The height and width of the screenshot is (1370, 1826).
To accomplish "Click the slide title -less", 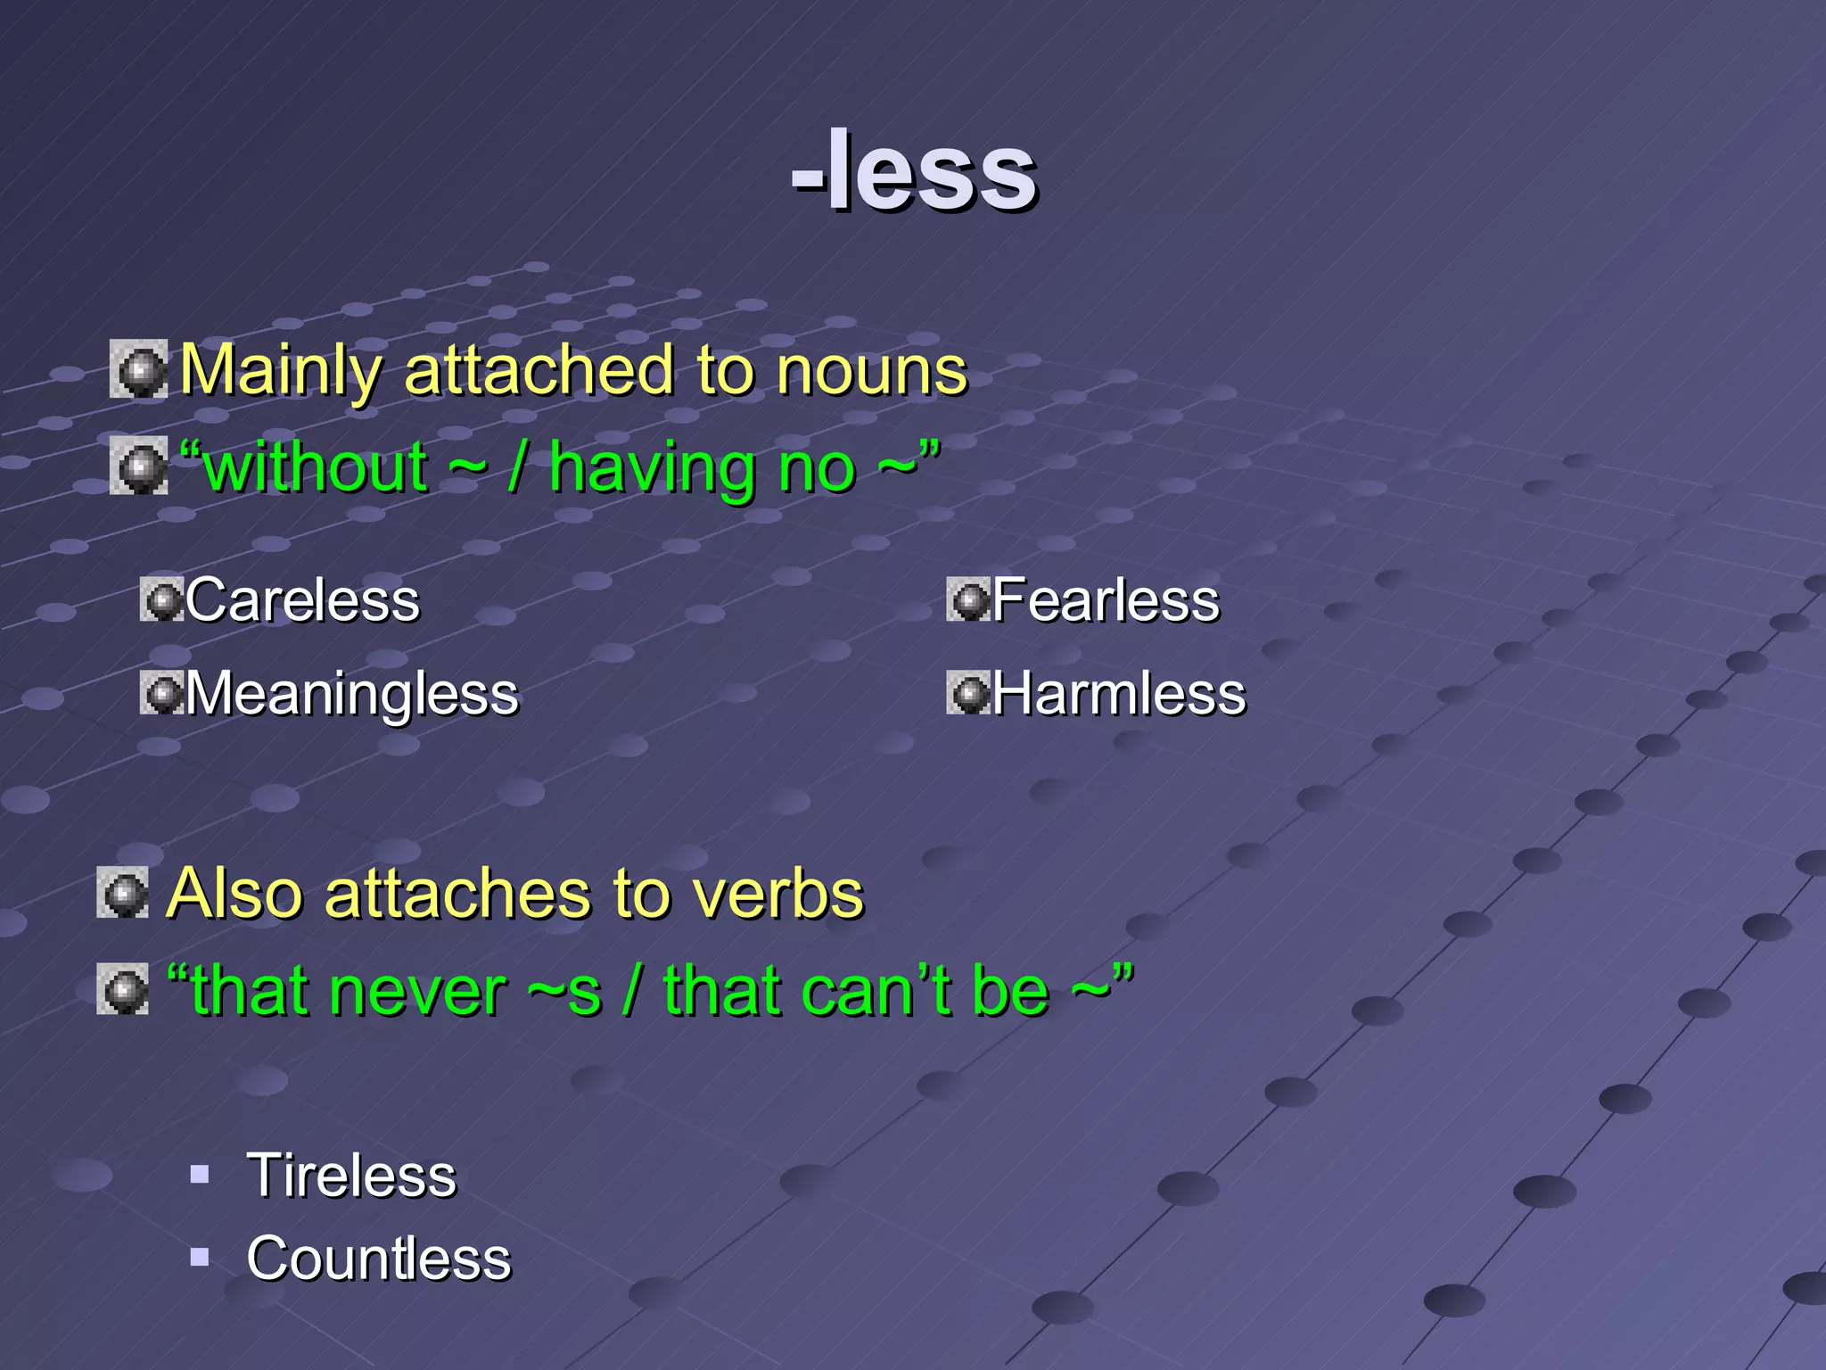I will coord(914,171).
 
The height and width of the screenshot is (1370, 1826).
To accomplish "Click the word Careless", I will coord(302,599).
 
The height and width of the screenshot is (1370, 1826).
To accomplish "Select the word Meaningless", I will coord(351,694).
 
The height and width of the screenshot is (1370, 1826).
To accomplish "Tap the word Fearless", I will coord(1106,599).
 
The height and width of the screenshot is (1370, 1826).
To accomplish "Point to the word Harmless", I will coord(1119,694).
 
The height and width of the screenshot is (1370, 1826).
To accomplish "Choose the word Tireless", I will coord(351,1176).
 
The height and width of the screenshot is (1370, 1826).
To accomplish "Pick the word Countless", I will coord(379,1259).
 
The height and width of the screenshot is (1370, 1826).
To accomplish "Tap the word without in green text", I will coord(316,467).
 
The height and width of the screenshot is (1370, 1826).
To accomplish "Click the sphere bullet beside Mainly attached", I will coord(138,369).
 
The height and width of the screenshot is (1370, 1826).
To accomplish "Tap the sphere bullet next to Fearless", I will coord(968,599).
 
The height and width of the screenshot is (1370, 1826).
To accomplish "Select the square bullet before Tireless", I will coord(200,1174).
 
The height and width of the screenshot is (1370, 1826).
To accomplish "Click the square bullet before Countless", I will coord(200,1258).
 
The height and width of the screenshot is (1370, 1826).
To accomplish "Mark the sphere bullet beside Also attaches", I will coord(123,892).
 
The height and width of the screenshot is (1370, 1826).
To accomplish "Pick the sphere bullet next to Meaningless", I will coord(161,693).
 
